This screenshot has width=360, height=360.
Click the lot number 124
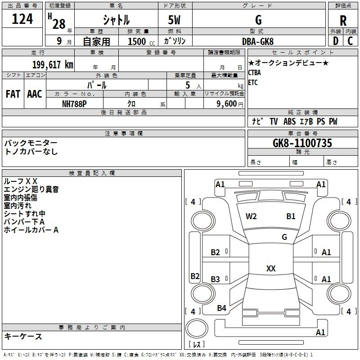(22, 19)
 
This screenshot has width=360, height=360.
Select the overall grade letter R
(343, 21)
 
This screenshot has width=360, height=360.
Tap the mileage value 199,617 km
(53, 65)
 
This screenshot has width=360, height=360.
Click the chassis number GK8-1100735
(302, 143)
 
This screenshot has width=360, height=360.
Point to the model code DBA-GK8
(258, 41)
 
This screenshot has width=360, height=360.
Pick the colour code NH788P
(74, 104)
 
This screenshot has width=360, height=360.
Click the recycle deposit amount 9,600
(227, 104)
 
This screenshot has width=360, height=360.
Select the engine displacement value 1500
(137, 41)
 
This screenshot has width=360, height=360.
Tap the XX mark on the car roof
(271, 268)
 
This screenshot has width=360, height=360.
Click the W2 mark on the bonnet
(251, 216)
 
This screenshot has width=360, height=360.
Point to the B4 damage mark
(221, 308)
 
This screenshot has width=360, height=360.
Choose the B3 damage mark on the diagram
(216, 279)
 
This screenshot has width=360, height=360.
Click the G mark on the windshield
(284, 237)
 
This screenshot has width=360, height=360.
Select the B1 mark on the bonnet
(291, 216)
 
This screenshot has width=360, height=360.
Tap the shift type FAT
(13, 94)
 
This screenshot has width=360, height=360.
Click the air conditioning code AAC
(35, 94)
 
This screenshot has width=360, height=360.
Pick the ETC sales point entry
(253, 82)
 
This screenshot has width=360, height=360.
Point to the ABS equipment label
(289, 121)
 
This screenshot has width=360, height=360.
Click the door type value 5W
(174, 20)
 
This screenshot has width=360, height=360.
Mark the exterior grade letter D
(336, 41)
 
